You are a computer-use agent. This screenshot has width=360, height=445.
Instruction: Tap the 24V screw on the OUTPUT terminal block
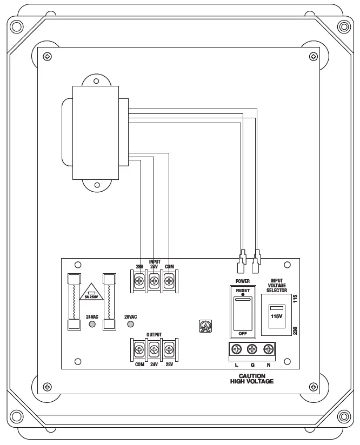pos(154,350)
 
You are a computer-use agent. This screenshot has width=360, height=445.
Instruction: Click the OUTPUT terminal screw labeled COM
pos(139,350)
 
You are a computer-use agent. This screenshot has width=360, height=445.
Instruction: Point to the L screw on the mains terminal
pos(236,350)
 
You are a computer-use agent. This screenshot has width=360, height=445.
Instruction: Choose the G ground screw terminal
pos(252,350)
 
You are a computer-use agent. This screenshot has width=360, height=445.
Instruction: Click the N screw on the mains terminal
pos(268,350)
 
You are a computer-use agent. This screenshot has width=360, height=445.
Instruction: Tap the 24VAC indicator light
pos(92,324)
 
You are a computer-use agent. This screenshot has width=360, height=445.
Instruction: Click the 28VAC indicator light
pos(130,324)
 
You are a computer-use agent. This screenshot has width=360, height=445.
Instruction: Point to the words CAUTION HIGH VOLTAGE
pos(252,379)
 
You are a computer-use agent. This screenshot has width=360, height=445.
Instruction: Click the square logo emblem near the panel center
pos(205,327)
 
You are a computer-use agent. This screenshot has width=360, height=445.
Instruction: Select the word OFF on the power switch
pos(243,334)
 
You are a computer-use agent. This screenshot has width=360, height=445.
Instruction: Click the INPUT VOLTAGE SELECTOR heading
pos(277,286)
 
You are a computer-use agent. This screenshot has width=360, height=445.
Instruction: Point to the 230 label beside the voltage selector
pos(295,330)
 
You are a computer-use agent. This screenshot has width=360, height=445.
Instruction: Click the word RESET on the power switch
pos(243,290)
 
